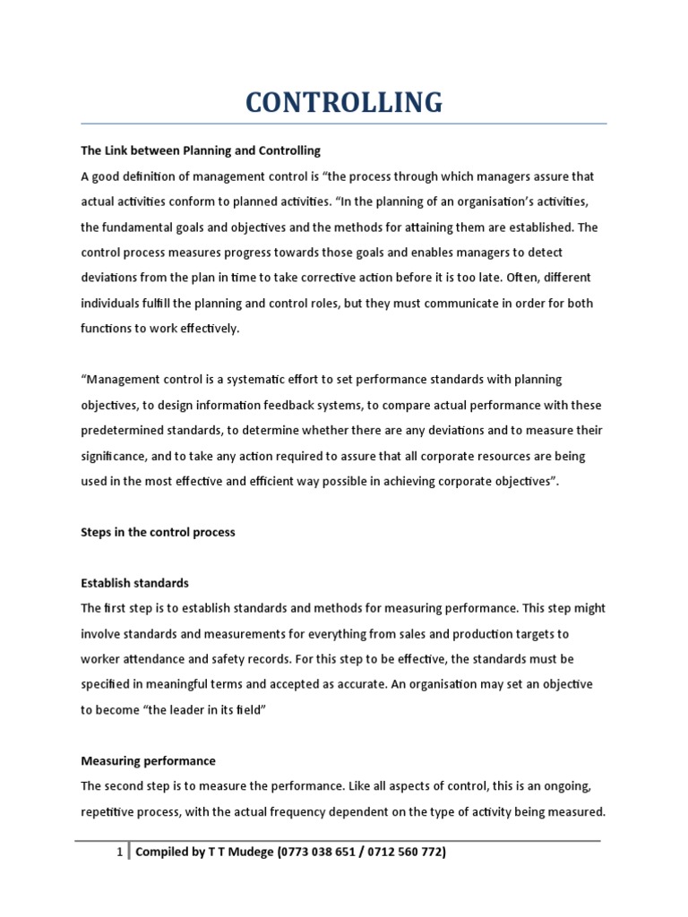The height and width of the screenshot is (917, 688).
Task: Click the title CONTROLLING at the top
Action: (x=343, y=102)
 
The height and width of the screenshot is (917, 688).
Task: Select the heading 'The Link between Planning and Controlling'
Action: (x=201, y=150)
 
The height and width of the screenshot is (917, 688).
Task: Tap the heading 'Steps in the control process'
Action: (x=158, y=532)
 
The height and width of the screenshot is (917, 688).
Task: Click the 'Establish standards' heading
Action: (x=134, y=583)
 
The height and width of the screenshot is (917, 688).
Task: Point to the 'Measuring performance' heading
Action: (x=148, y=761)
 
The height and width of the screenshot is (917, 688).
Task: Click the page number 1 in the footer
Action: (x=119, y=853)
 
